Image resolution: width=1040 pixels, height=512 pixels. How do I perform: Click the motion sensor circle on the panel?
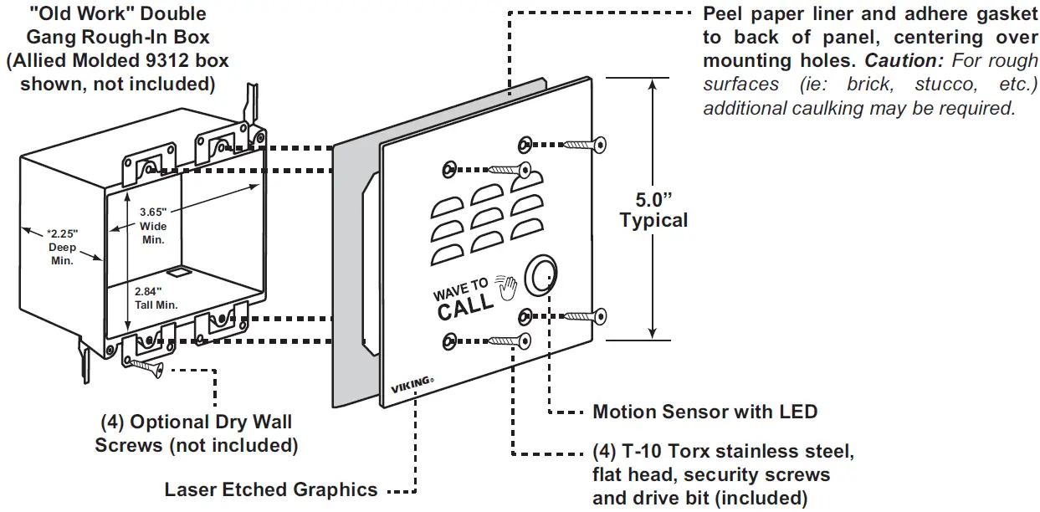point(540,274)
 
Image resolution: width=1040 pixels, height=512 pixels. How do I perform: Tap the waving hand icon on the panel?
point(506,288)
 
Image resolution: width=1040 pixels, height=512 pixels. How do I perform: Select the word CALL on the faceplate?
point(465,306)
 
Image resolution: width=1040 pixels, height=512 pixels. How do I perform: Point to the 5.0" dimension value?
point(653,200)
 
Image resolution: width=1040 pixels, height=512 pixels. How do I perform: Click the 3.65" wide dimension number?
point(153,212)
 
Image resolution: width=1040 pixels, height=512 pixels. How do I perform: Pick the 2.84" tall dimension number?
point(148,291)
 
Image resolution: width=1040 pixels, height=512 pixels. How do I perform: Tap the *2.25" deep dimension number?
point(62,233)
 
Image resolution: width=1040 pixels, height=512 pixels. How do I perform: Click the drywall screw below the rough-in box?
point(146,367)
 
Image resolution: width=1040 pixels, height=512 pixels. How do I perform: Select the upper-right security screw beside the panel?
point(585,146)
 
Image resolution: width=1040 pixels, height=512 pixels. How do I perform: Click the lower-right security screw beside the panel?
point(585,316)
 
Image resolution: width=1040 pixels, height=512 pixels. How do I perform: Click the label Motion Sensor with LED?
point(704,412)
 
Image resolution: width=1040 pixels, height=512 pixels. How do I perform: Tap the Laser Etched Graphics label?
point(271,489)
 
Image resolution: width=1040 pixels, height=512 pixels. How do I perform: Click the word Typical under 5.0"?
point(653,220)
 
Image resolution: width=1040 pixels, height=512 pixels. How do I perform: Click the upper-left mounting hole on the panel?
point(449,170)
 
